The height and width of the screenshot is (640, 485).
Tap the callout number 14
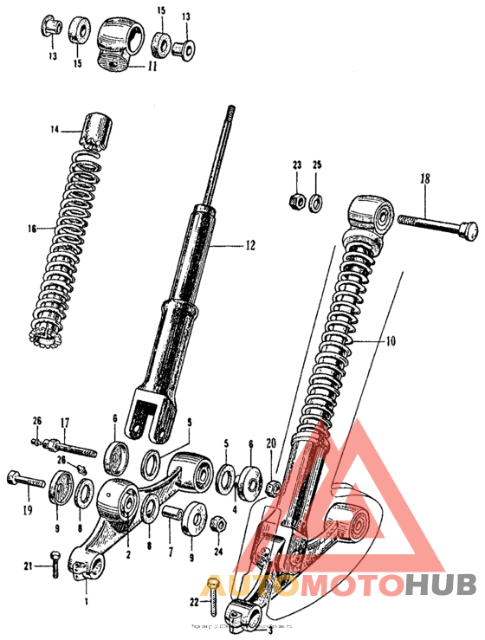coord(55,130)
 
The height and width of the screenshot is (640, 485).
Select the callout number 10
coord(390,342)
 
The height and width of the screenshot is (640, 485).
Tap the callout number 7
coord(170,551)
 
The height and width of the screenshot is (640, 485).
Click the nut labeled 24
coord(218,525)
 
